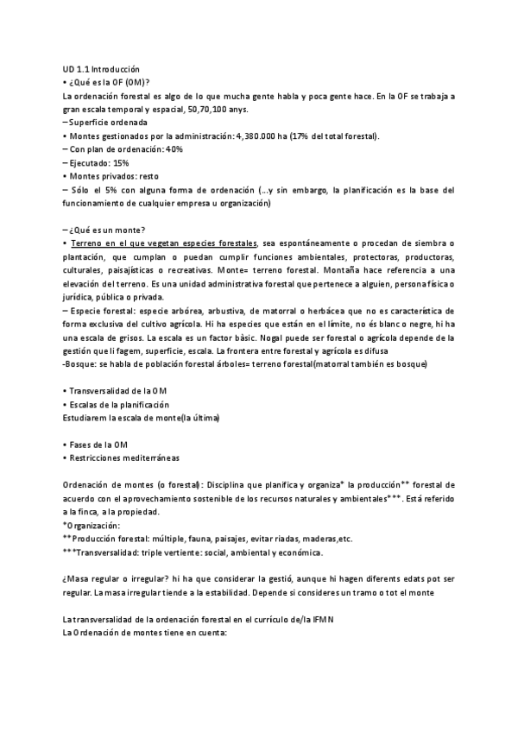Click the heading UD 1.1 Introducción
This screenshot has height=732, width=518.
101,69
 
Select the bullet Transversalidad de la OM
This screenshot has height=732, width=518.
118,391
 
